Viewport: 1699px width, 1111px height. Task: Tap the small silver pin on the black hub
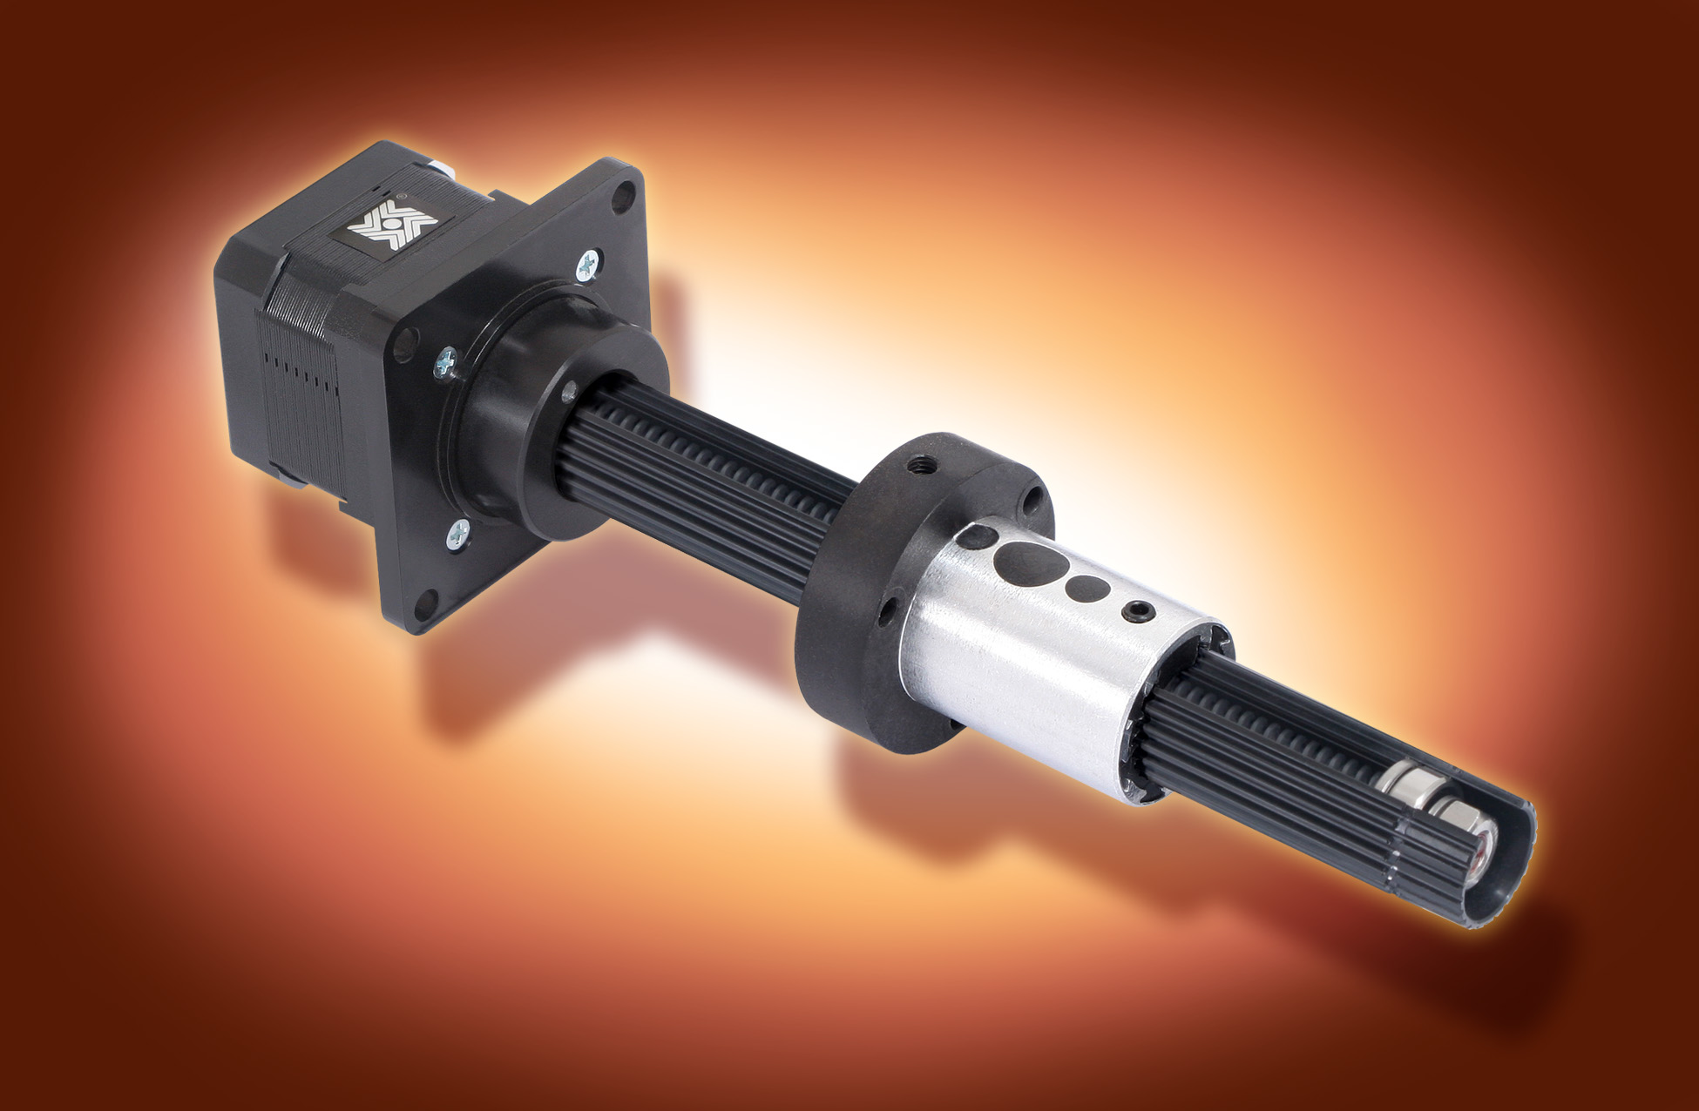[571, 390]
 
